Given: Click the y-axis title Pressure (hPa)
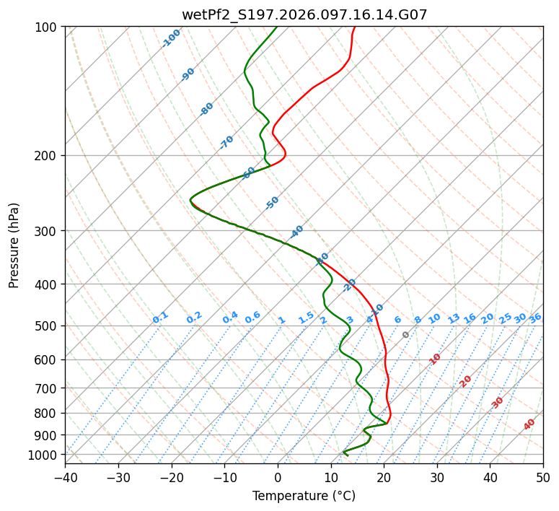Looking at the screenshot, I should pos(14,245).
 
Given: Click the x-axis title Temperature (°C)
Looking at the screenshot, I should pos(304,496).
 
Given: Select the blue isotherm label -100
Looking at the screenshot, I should pos(171,38).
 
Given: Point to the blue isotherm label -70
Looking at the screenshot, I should pos(226,141).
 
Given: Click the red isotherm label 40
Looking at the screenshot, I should pos(529,424).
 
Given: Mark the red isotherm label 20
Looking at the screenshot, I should pos(466,380).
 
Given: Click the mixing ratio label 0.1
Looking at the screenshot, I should pos(160,317).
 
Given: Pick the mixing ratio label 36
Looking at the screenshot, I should pos(535,318).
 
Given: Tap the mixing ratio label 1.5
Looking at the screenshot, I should pos(306,317).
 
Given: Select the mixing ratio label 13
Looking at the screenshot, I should pos(454,318).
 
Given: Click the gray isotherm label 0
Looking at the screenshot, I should pos(406,335).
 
